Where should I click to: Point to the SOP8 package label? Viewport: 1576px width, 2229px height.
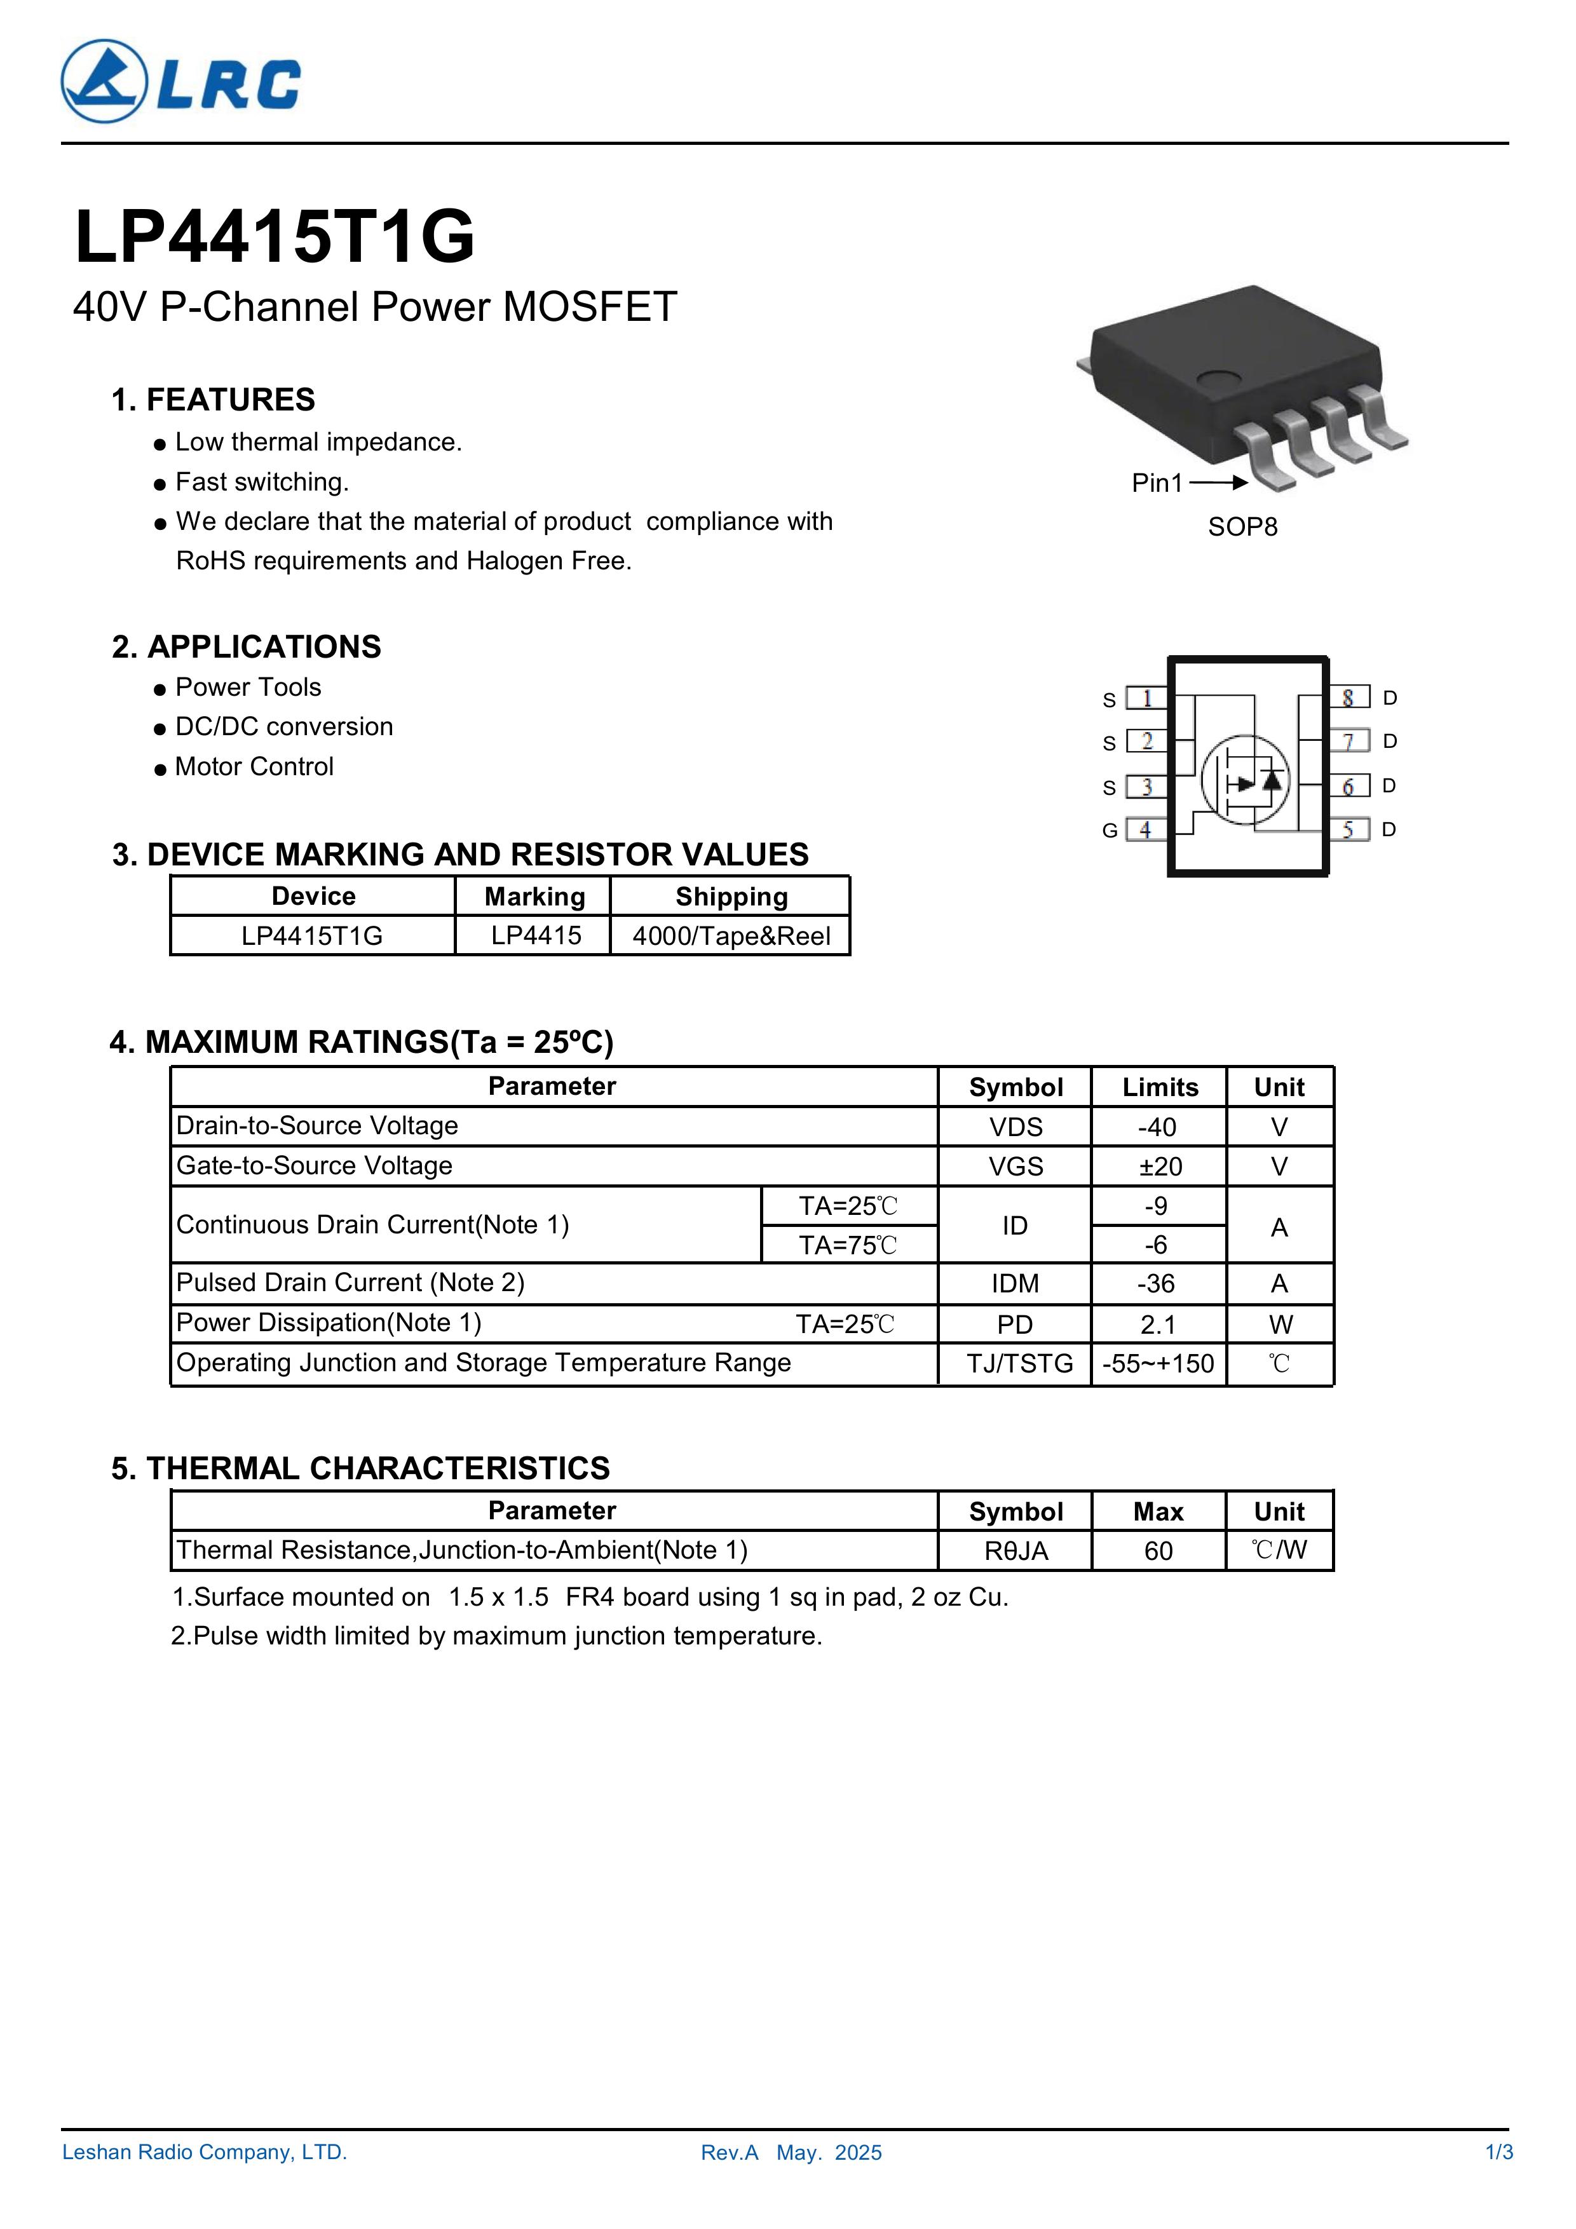coord(1242,527)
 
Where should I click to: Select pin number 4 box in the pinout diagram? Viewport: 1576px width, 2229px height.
coord(1146,830)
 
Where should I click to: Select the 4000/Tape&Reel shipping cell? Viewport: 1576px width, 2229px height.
coord(731,936)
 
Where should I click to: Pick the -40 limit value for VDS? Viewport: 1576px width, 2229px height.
coord(1157,1127)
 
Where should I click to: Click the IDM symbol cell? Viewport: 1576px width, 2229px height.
coord(1015,1284)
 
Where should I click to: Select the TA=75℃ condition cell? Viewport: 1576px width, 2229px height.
coord(848,1245)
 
